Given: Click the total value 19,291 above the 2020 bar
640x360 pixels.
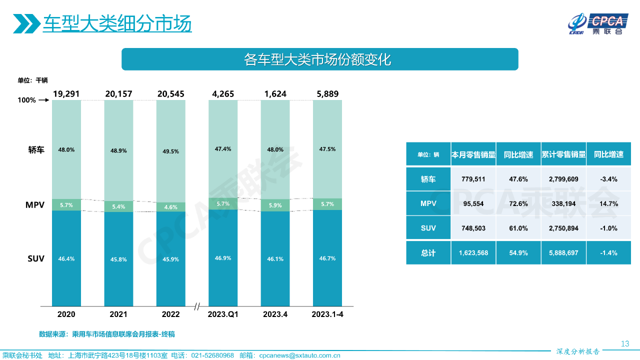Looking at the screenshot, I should point(66,93).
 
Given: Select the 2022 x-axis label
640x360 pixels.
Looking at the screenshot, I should point(170,314).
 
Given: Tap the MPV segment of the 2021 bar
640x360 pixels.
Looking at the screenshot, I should point(118,206).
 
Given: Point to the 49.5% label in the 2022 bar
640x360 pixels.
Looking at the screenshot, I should point(170,151).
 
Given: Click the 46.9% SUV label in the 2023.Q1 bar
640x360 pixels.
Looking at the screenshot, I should point(223,258).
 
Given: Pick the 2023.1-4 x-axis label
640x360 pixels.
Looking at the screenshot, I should point(327,314).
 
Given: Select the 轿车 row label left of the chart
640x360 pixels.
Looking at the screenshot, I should point(36,149).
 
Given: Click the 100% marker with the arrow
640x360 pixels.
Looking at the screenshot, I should point(33,100).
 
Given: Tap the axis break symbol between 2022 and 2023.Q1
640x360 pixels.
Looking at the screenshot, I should point(197,306).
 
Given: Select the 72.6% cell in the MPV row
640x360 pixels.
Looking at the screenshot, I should point(518,203).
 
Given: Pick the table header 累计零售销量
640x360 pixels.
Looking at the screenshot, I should point(563,154).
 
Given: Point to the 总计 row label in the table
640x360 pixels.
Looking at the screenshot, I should point(428,253).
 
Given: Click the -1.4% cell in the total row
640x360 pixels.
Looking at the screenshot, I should point(608,253).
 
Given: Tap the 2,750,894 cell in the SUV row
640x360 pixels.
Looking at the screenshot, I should point(563,228).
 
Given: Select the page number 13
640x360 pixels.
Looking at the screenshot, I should point(624,343).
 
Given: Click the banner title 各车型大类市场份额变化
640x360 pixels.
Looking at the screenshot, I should point(319,59).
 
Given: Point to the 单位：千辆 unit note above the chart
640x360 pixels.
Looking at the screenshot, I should point(32,80).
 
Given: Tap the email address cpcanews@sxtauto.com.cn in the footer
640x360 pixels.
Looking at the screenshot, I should point(299,355).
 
